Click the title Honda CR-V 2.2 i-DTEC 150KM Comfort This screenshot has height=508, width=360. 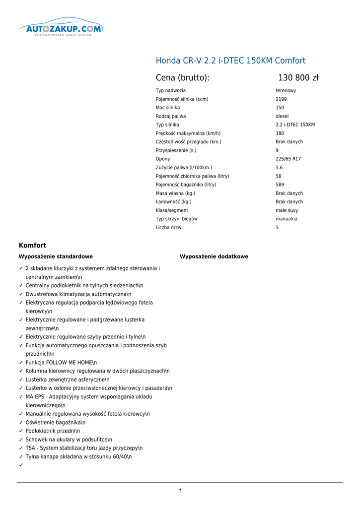pyautogui.click(x=230, y=61)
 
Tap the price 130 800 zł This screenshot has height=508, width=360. pyautogui.click(x=298, y=78)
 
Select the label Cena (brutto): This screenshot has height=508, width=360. pyautogui.click(x=182, y=78)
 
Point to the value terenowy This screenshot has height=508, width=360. pyautogui.click(x=286, y=91)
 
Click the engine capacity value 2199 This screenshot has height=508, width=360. pyautogui.click(x=281, y=99)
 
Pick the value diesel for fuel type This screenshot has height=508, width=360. pyautogui.click(x=282, y=117)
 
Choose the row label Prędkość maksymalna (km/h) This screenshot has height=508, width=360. pyautogui.click(x=188, y=133)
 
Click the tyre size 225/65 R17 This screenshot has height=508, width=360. pyautogui.click(x=288, y=159)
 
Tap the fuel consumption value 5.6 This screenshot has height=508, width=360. pyautogui.click(x=279, y=168)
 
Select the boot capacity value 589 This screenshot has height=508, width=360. pyautogui.click(x=280, y=185)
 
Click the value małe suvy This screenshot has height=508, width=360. pyautogui.click(x=287, y=210)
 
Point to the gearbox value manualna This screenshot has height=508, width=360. pyautogui.click(x=287, y=219)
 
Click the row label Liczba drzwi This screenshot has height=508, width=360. pyautogui.click(x=169, y=228)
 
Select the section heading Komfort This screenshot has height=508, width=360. pyautogui.click(x=32, y=245)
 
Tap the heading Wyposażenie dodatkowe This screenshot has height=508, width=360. pyautogui.click(x=214, y=256)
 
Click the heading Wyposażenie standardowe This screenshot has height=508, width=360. pyautogui.click(x=56, y=256)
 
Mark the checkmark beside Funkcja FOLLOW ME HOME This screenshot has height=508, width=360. pyautogui.click(x=21, y=363)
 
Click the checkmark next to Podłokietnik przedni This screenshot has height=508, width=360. pyautogui.click(x=21, y=431)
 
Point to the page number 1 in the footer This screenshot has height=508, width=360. pyautogui.click(x=180, y=491)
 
